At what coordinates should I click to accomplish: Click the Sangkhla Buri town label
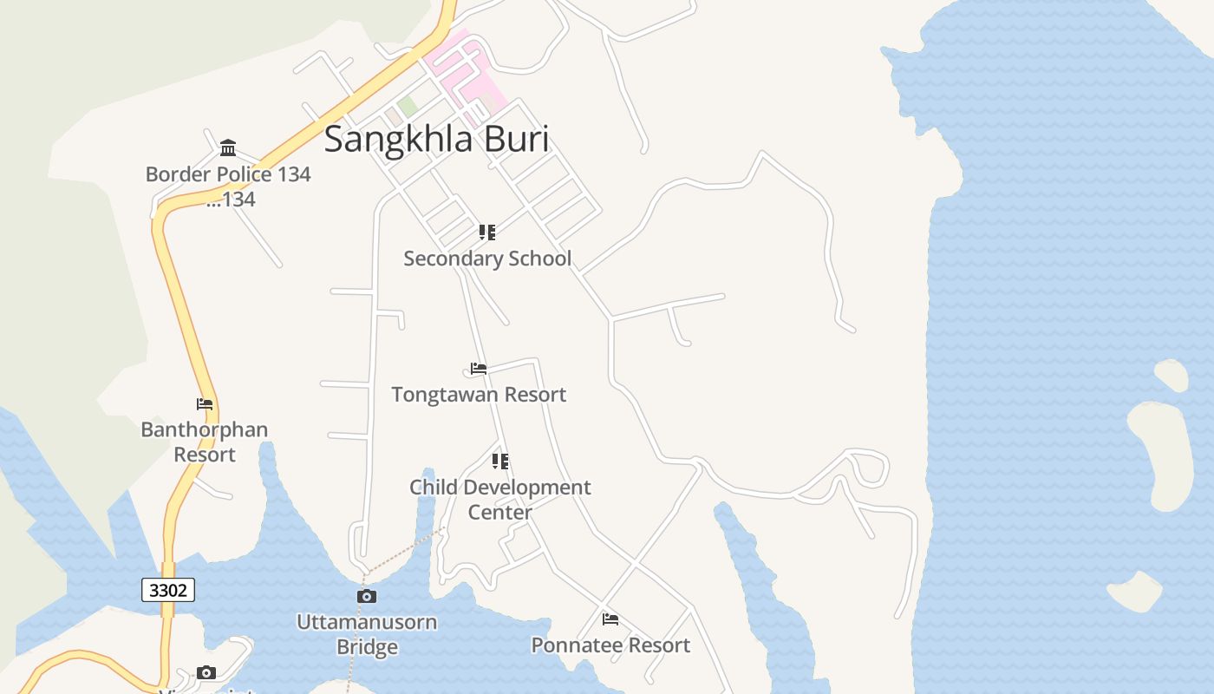[x=436, y=139]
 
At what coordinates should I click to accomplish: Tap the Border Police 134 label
[x=227, y=174]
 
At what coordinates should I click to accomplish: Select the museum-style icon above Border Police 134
[x=228, y=147]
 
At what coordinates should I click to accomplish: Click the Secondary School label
[x=487, y=259]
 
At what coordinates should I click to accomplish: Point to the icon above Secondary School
[x=487, y=232]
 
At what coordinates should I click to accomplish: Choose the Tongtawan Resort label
[x=479, y=395]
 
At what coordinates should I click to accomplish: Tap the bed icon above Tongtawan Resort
[x=479, y=369]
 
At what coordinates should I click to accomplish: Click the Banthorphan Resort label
[x=205, y=442]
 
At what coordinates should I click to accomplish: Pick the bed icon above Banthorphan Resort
[x=205, y=404]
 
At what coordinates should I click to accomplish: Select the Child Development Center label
[x=499, y=499]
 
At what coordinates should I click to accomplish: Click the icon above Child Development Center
[x=500, y=462]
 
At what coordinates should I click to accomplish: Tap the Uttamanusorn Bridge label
[x=367, y=634]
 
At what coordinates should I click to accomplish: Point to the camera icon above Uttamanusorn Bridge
[x=367, y=597]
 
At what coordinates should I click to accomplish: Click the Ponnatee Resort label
[x=610, y=645]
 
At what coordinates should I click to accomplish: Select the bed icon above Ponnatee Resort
[x=610, y=619]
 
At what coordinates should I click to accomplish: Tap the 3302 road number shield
[x=168, y=591]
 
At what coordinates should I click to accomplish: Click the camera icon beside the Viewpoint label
[x=206, y=673]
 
